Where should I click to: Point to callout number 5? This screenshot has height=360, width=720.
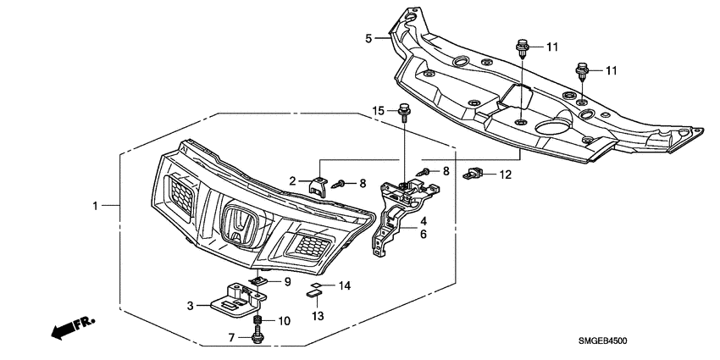coord(368,38)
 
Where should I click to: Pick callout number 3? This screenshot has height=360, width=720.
coord(191,305)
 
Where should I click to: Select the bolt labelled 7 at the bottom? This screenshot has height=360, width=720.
coord(258,338)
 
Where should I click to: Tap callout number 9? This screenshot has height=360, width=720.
coord(286,281)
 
